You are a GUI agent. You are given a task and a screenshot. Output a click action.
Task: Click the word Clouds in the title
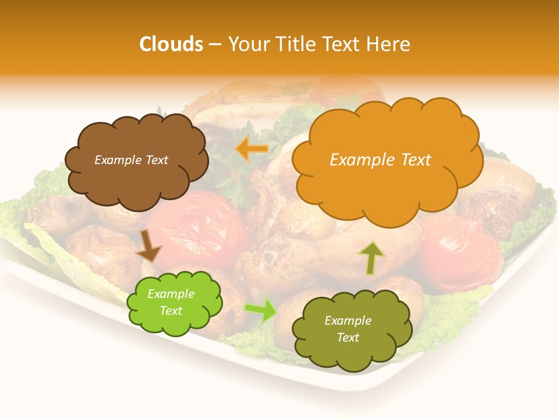click(x=171, y=44)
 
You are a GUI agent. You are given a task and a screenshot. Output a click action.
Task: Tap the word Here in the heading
click(x=388, y=44)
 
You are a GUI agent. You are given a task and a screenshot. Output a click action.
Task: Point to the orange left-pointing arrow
click(x=252, y=149)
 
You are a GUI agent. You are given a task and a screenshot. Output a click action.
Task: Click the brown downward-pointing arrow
click(x=148, y=247)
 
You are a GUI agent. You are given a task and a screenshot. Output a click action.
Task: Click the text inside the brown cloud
click(x=131, y=160)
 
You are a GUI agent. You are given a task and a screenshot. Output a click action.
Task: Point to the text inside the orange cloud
click(x=380, y=160)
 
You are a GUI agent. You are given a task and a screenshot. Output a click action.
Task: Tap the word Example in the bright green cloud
click(x=171, y=294)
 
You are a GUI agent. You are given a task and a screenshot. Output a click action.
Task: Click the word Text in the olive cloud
click(x=348, y=338)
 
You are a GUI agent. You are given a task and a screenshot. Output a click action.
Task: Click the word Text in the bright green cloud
click(x=171, y=311)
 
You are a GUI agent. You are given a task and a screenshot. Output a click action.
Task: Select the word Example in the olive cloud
click(x=348, y=321)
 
